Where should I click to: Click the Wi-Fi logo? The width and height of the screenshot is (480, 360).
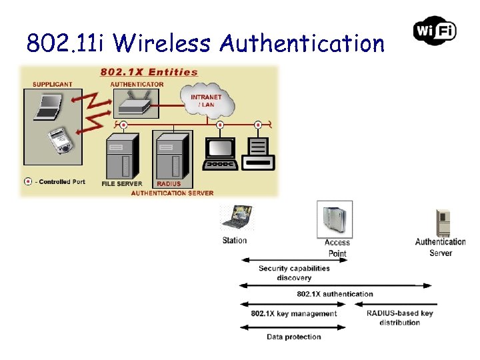point(435,30)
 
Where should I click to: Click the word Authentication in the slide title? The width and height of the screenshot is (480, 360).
point(302,44)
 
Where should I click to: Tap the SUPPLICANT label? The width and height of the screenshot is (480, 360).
point(53,84)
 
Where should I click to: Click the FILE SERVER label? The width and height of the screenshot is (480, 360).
point(121,183)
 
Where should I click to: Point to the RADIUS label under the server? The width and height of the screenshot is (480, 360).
point(169,183)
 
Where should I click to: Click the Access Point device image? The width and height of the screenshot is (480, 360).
point(337,219)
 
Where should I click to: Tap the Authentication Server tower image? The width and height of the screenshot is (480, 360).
point(442,222)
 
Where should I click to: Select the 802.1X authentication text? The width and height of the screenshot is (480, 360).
point(335,294)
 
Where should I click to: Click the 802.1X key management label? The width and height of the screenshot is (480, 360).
point(294,313)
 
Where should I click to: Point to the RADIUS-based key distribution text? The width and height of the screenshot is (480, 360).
point(400,317)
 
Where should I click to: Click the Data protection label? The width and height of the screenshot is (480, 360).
point(294,337)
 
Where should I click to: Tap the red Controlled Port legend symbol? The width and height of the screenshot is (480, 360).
point(28,181)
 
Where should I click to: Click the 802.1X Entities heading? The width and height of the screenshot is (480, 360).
point(149,72)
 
